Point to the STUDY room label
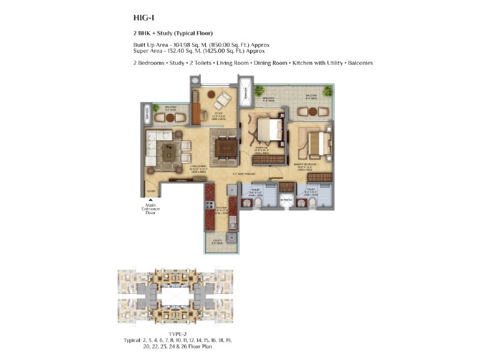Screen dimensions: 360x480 [x=212, y=115]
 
